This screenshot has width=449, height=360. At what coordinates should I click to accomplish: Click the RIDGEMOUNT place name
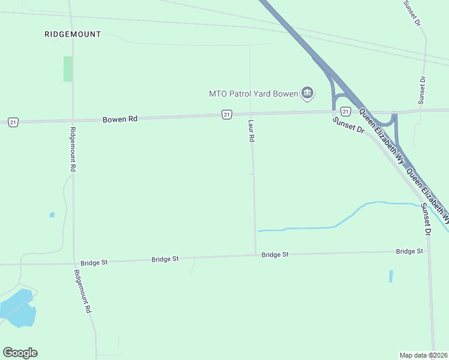coord(73,34)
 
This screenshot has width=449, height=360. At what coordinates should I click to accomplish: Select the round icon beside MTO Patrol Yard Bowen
coord(307,92)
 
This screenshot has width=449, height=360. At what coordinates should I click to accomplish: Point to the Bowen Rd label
coord(120,119)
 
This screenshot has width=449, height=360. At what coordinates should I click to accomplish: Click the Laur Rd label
coord(252,130)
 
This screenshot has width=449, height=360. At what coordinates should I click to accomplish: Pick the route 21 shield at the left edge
coord(13,122)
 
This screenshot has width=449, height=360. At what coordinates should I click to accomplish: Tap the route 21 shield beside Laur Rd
coord(226,114)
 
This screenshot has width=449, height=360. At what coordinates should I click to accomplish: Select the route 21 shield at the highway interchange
coord(345,112)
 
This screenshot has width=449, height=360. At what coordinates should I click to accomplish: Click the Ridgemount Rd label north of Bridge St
coord(72,150)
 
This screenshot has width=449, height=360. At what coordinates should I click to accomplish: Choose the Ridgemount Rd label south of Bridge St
coord(82,291)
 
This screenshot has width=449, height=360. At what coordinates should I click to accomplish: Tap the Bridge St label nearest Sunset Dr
coord(409,251)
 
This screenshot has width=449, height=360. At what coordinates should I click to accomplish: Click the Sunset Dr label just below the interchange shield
coord(349,125)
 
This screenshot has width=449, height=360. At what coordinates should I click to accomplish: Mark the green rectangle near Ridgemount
coord(68,69)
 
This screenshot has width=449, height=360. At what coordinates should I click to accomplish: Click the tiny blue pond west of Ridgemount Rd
coord(52,215)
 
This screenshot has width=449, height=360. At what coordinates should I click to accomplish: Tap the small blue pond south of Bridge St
coord(391,276)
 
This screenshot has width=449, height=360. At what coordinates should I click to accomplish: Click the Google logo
coord(20,353)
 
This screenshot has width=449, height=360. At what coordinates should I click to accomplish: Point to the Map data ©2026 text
coord(423,355)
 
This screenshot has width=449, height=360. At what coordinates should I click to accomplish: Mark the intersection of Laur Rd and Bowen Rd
coord(250,113)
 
